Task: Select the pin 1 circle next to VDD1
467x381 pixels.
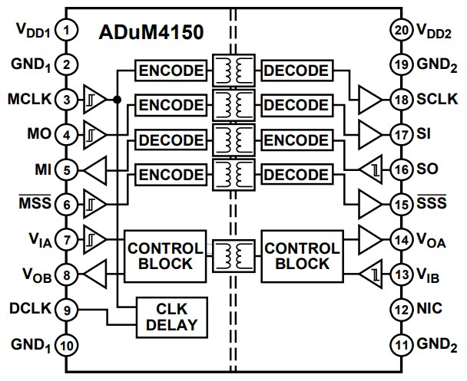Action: [68, 31]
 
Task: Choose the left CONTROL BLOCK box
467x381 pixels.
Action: [166, 256]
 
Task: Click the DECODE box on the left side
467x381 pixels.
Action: [171, 140]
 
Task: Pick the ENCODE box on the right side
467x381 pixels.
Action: [295, 140]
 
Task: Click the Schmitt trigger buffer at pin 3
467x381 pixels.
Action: [91, 100]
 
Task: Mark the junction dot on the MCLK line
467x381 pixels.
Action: [116, 100]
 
